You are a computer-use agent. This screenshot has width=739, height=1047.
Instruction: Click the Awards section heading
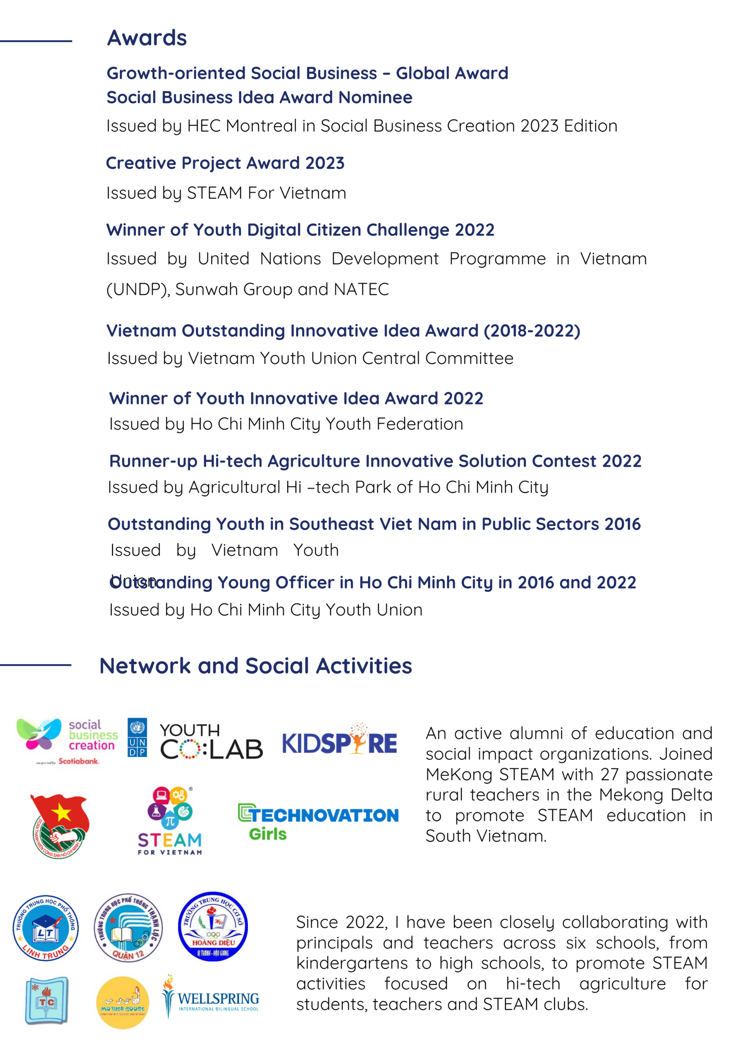point(147,38)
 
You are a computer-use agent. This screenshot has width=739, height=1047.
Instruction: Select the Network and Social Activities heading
point(256,666)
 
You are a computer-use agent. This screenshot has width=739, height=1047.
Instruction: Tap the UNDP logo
point(137,738)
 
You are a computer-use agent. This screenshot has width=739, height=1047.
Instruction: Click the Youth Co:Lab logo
point(211,742)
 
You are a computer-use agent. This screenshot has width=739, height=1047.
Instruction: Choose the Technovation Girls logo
point(318,822)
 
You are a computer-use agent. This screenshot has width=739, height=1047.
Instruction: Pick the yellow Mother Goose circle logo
point(122,1002)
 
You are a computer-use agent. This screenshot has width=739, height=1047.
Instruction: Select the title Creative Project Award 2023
point(225,163)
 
